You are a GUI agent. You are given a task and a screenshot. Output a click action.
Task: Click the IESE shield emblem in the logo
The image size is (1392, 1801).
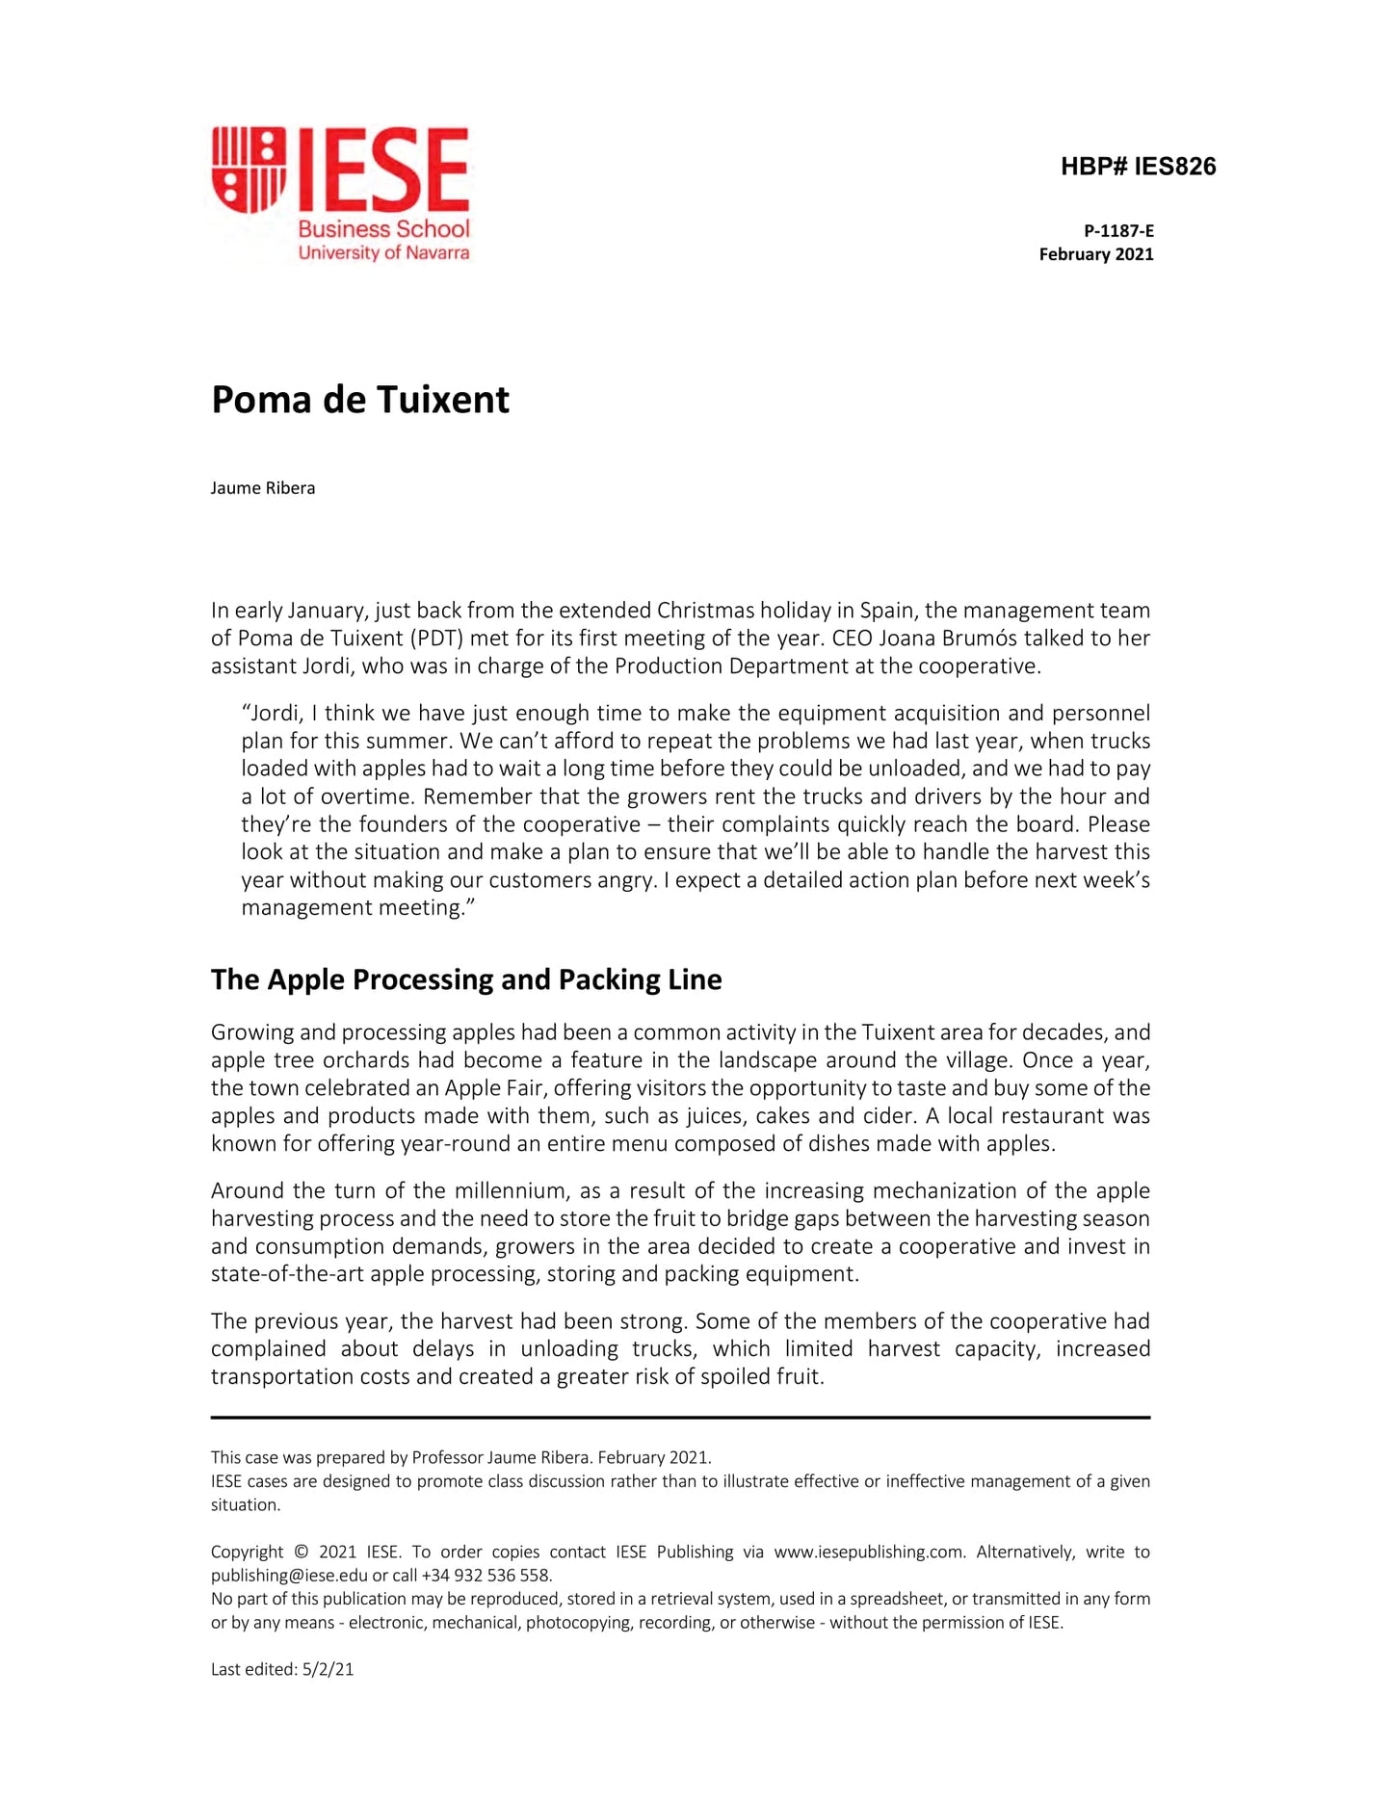tap(249, 170)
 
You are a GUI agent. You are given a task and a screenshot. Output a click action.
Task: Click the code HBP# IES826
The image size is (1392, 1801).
tap(1138, 167)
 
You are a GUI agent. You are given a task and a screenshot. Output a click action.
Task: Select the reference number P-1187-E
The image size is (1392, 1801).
tap(1118, 231)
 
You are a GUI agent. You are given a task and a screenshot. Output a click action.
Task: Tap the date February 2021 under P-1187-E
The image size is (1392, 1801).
tap(1095, 254)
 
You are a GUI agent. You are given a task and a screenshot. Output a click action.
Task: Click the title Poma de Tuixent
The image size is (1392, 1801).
tap(359, 400)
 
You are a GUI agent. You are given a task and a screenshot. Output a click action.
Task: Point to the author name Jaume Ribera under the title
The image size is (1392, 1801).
tap(263, 488)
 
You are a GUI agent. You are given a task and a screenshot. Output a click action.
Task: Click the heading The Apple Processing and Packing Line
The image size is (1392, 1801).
tap(466, 979)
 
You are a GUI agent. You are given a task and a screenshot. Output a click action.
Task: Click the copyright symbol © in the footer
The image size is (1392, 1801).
tap(301, 1553)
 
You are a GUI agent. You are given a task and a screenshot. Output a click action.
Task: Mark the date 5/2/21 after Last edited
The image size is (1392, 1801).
tap(328, 1670)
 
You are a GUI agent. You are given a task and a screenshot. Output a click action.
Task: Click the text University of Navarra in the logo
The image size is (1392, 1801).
tap(383, 253)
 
